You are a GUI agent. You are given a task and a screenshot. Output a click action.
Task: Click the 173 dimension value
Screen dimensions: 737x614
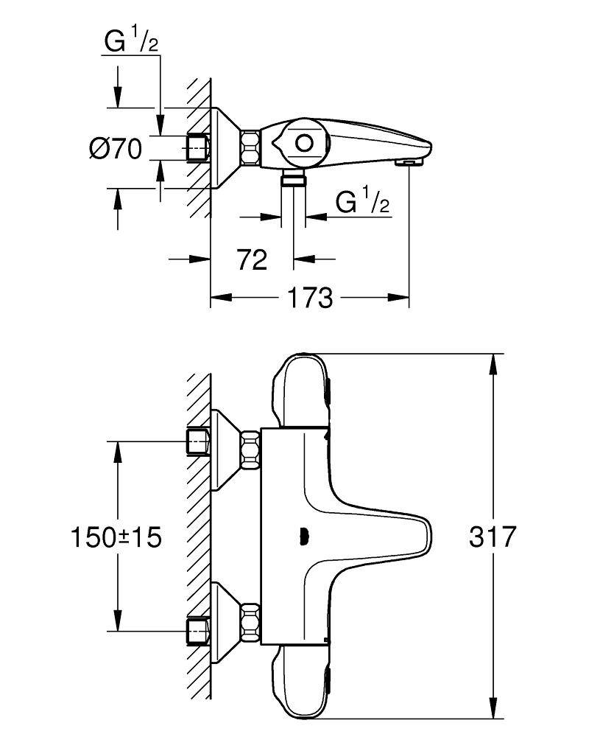(x=310, y=298)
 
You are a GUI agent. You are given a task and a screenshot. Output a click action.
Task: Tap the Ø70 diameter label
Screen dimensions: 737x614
(x=115, y=149)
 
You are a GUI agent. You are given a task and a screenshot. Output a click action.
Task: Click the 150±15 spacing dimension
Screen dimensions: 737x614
(x=116, y=537)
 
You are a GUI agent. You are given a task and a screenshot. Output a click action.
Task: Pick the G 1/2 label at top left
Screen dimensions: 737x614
(x=132, y=42)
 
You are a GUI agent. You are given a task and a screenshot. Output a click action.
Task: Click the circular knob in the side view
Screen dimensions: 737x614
(x=304, y=144)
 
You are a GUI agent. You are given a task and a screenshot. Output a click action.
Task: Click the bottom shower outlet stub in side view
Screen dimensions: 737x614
(x=294, y=179)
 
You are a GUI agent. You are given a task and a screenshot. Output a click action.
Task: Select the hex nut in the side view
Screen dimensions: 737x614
(x=251, y=147)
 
